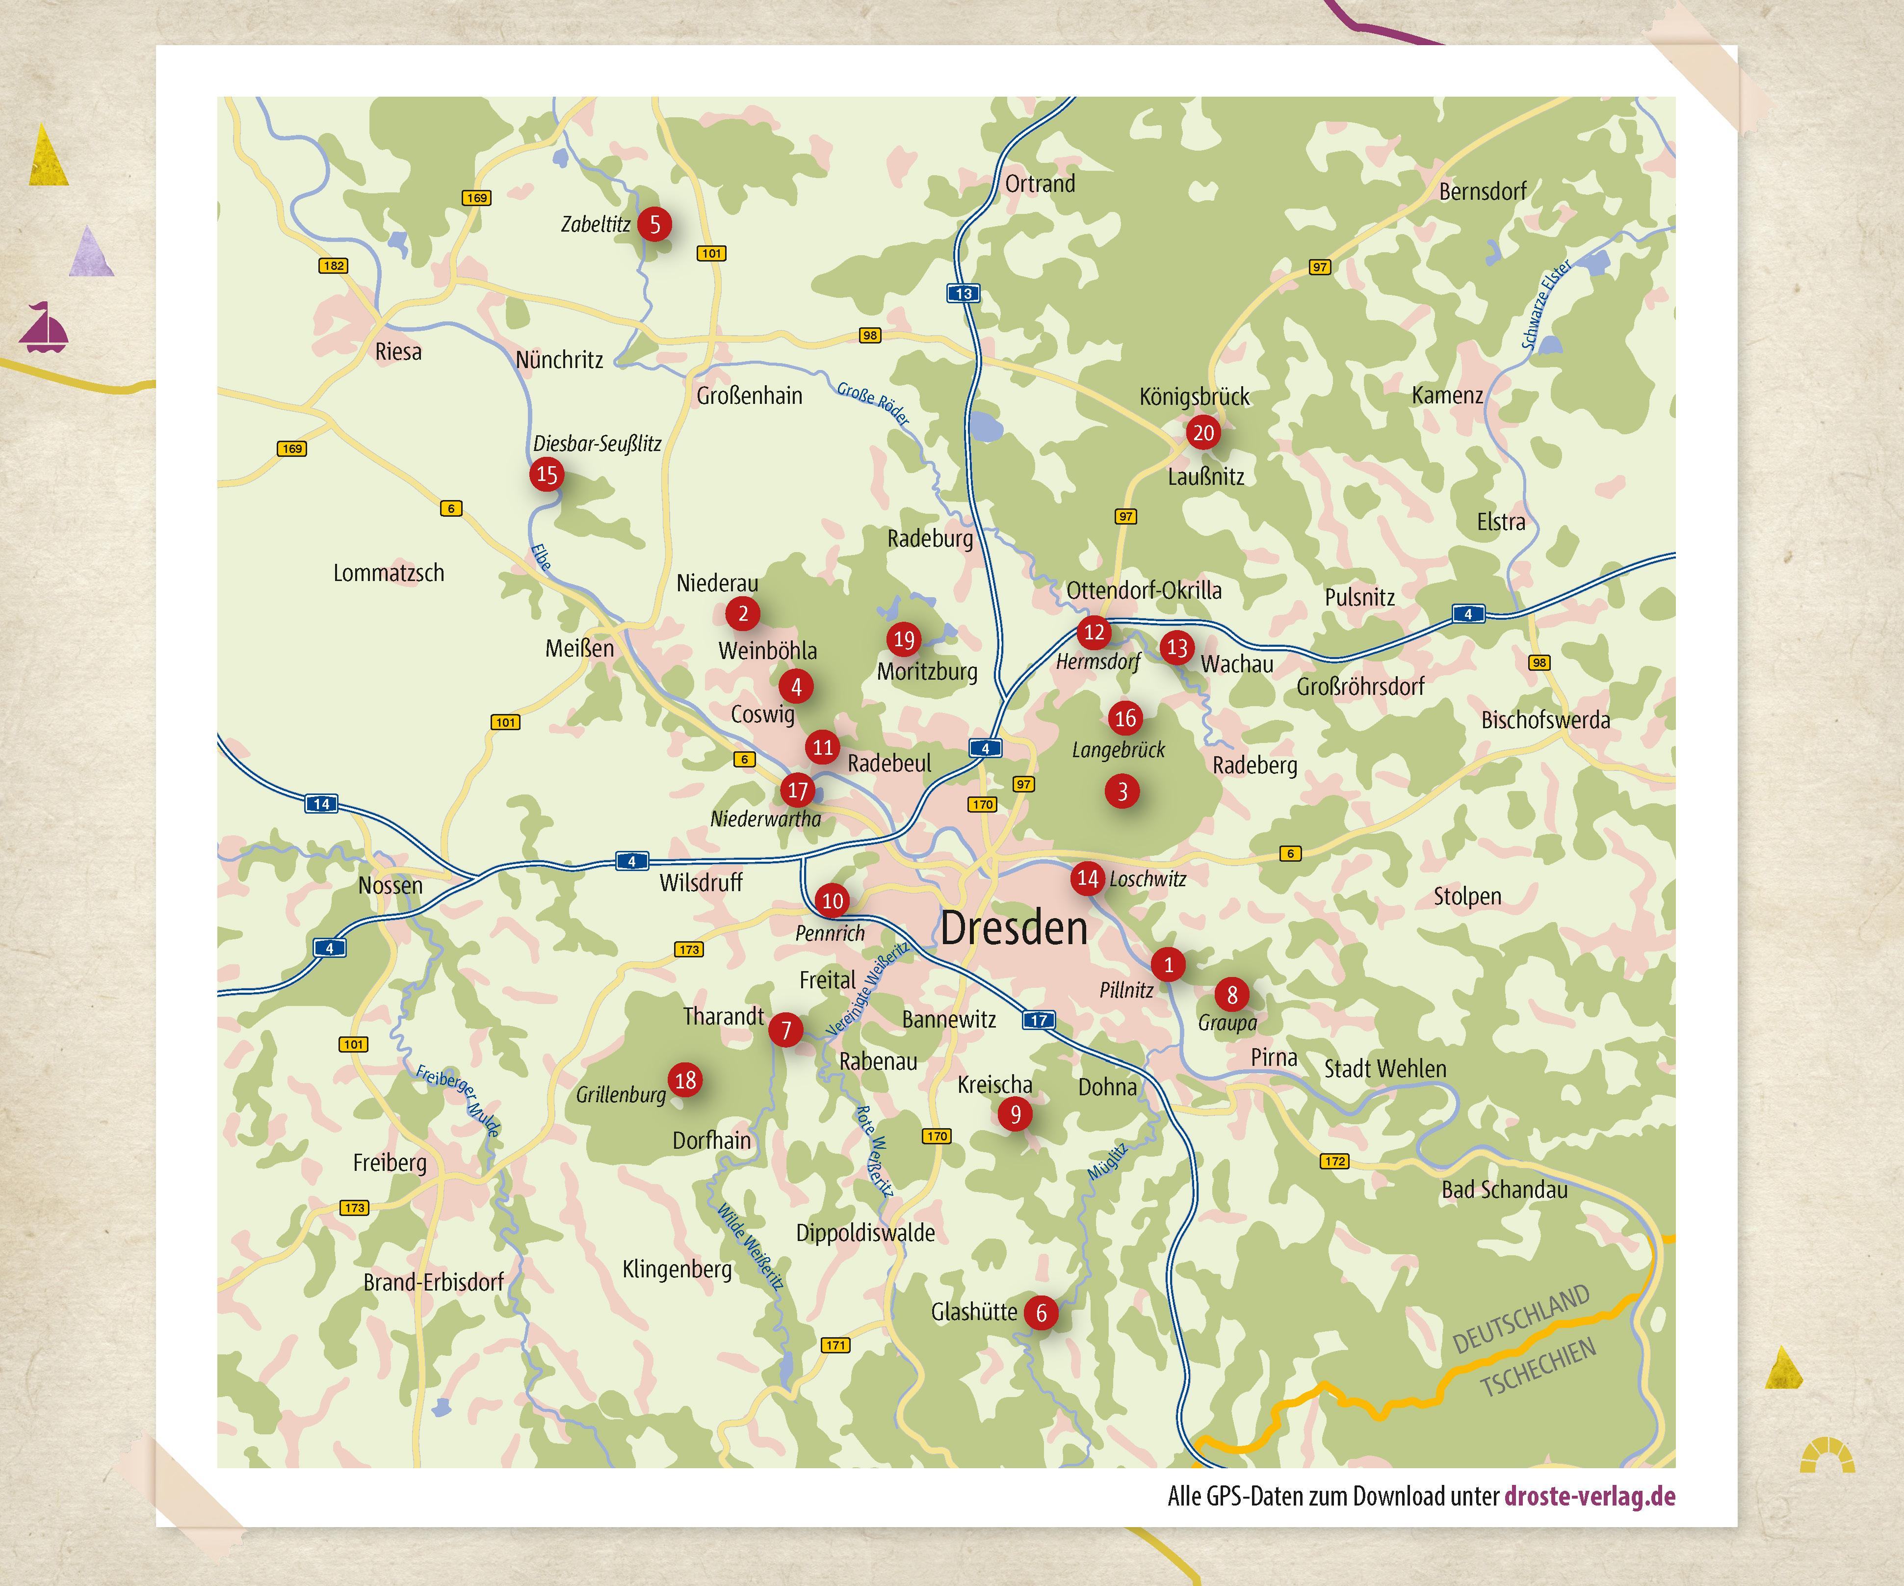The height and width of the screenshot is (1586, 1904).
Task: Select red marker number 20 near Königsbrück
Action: point(1203,432)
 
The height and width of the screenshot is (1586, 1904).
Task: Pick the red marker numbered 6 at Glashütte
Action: point(1041,1312)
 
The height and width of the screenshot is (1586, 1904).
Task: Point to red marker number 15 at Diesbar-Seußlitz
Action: point(547,474)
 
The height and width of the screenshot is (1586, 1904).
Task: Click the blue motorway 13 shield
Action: point(963,293)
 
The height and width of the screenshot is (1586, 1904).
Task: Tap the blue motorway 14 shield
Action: point(321,803)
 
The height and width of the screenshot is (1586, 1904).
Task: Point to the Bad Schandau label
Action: point(1504,1189)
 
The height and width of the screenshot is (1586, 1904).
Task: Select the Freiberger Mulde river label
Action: point(458,1101)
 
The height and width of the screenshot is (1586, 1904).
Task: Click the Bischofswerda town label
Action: point(1546,720)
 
